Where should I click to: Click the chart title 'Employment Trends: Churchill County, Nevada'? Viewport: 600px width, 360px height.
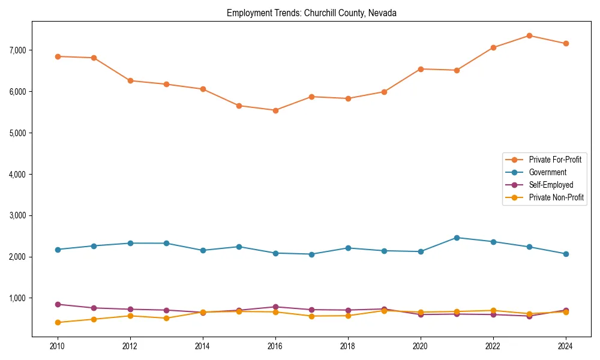point(311,13)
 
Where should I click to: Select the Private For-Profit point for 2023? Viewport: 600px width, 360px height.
point(529,35)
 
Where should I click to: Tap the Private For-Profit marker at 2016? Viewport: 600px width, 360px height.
point(275,110)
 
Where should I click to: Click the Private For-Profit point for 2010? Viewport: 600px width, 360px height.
point(58,56)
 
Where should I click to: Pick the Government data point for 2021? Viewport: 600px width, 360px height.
point(457,238)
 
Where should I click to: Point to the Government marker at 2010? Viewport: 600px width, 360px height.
point(58,250)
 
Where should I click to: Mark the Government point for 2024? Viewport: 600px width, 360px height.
point(566,254)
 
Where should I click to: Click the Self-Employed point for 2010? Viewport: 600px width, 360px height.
point(58,304)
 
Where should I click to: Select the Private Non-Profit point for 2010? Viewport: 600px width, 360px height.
point(58,323)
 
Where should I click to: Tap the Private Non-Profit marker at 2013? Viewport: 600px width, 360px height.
point(166,318)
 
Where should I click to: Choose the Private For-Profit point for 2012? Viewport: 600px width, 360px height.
point(130,80)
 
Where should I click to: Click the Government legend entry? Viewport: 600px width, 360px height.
point(547,172)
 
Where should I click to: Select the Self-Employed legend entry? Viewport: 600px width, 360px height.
point(551,185)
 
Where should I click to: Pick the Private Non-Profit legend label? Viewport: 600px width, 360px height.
point(556,197)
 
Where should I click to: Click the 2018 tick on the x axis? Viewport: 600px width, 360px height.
point(348,346)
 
